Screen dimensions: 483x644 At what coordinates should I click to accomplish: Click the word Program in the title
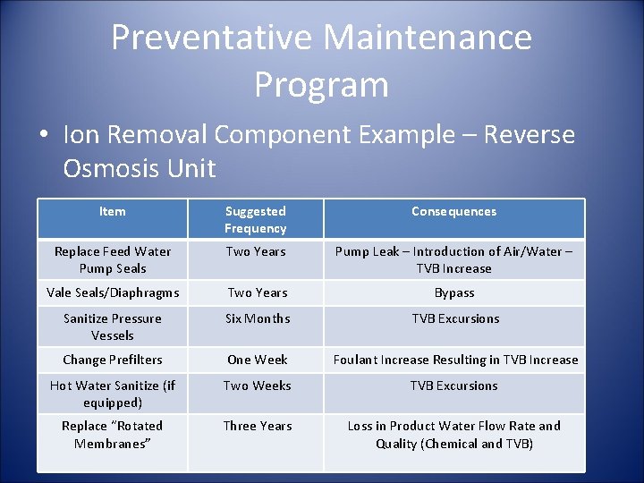point(321,84)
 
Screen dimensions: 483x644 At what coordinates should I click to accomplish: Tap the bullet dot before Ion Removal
point(44,135)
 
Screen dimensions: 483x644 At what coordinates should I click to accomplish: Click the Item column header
point(113,212)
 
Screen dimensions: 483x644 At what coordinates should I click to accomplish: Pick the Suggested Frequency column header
point(256,220)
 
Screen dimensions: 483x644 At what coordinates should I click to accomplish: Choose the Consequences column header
point(453,212)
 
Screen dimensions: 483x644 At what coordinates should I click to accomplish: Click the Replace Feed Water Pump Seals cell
point(113,260)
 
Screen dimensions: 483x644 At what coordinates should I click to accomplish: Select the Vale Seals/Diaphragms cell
point(113,292)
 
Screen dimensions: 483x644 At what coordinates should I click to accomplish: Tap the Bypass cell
point(454,292)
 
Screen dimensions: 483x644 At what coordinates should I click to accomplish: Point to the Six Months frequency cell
point(258,318)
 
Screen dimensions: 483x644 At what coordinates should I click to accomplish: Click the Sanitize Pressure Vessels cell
point(113,326)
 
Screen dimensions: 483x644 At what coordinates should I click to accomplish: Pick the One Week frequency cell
point(258,360)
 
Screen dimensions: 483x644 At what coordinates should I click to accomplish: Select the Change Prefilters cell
point(113,360)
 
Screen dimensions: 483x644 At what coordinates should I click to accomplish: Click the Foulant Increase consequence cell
point(455,360)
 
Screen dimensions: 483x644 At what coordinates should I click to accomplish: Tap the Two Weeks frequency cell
point(258,386)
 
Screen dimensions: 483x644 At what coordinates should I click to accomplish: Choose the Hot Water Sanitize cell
point(113,394)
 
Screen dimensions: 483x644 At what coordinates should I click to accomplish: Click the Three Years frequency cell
point(258,426)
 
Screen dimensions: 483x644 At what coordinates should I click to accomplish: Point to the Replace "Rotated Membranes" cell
point(113,435)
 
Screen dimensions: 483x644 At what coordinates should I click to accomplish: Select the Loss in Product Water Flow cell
point(454,435)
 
